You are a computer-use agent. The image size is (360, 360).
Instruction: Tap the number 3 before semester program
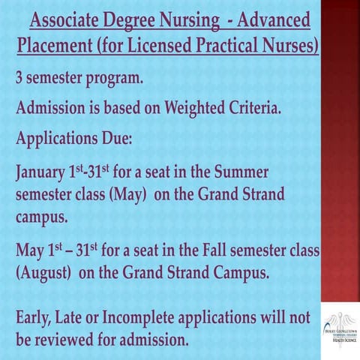20,78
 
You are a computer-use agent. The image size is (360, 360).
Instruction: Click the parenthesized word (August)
43,271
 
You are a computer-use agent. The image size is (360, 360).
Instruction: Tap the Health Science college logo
340,325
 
